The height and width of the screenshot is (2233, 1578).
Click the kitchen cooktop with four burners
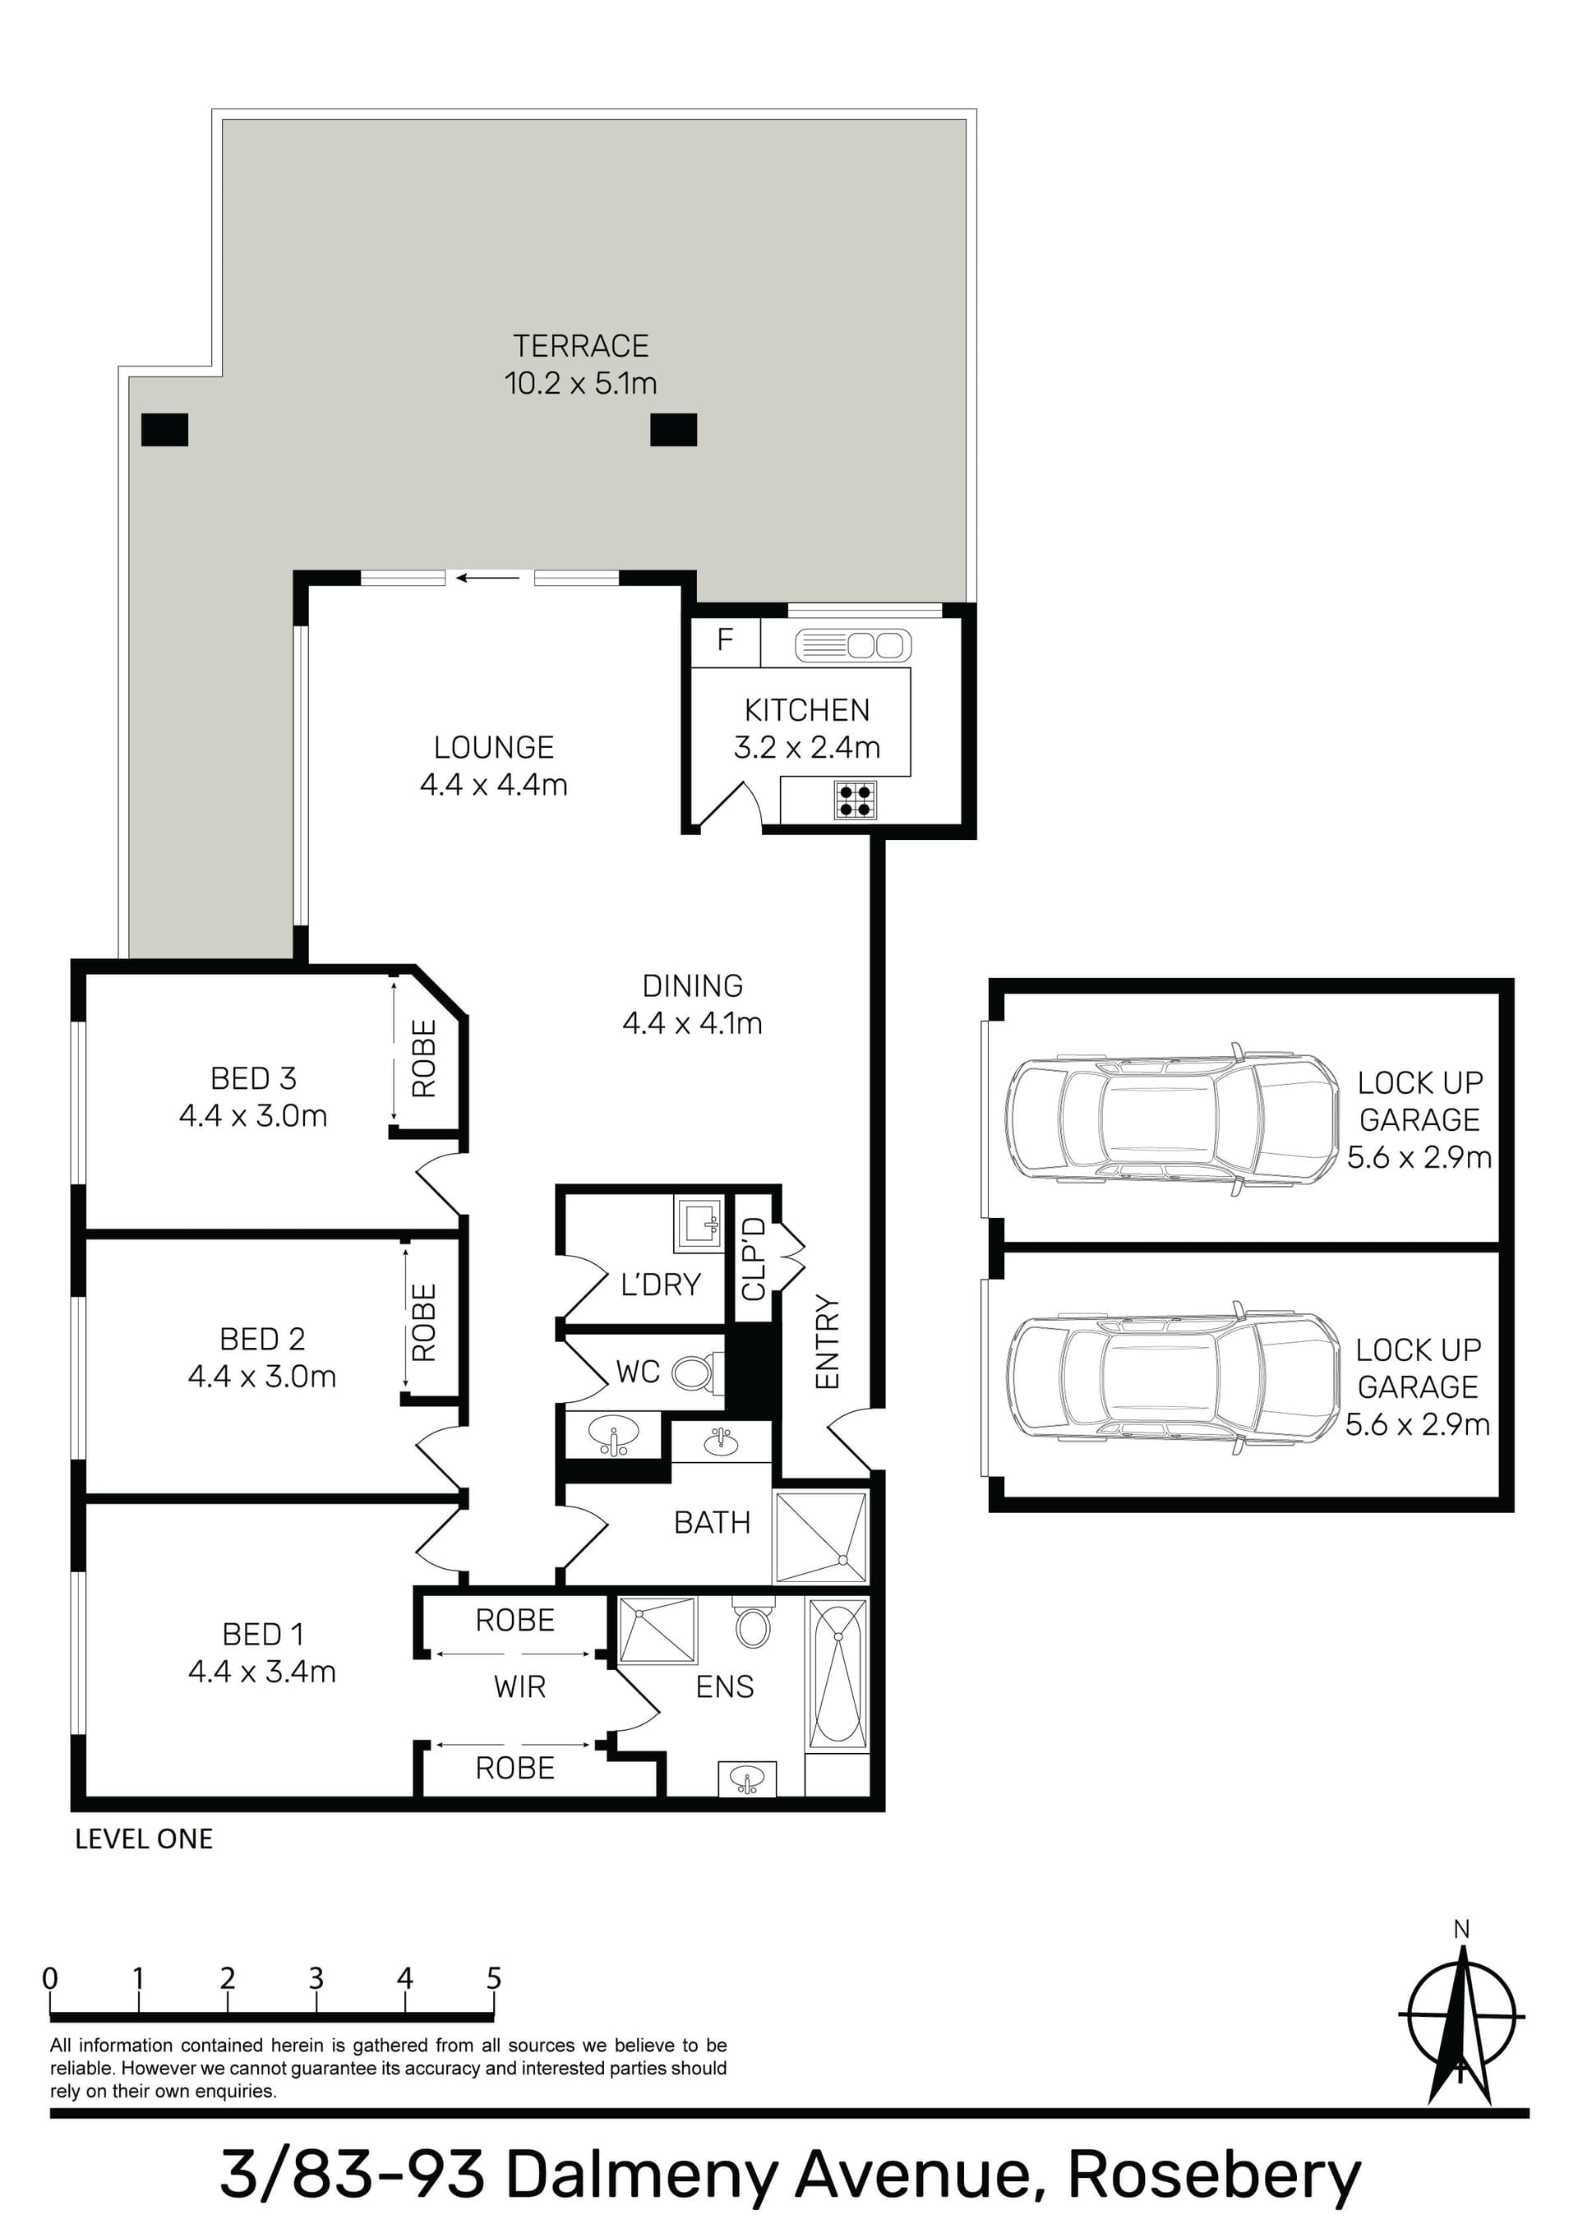pos(855,800)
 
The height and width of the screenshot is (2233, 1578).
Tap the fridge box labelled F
pos(725,640)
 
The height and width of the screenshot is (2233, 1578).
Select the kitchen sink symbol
pos(853,645)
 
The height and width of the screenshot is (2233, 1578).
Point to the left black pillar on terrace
pos(164,430)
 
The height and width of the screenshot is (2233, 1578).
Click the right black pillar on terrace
pos(673,430)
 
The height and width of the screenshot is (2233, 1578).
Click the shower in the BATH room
pos(820,1537)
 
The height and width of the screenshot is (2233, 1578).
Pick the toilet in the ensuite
pos(753,1622)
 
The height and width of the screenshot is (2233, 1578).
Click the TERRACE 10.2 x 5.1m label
pos(581,365)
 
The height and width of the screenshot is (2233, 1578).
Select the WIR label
pos(519,1686)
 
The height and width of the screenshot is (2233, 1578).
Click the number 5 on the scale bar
pos(493,1978)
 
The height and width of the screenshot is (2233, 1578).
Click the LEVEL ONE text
pos(144,1839)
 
